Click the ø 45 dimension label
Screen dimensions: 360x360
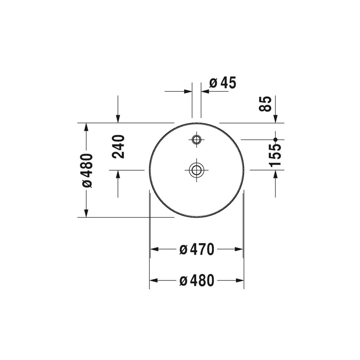click(223, 83)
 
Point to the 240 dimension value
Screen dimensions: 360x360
click(118, 146)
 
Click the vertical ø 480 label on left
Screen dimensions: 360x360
click(87, 170)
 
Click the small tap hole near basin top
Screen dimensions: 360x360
click(197, 140)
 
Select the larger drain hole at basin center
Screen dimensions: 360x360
click(197, 170)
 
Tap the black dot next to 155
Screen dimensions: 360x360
click(275, 140)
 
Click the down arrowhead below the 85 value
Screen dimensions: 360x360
click(275, 119)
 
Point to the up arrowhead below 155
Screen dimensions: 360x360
click(275, 175)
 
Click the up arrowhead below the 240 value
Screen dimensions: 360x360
click(118, 175)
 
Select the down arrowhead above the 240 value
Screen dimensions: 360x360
click(118, 119)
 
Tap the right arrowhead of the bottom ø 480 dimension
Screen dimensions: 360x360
click(240, 281)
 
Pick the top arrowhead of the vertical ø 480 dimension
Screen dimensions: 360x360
click(86, 127)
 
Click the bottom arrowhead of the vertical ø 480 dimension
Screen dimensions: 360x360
click(86, 213)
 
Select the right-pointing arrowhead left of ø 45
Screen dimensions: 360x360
click(188, 91)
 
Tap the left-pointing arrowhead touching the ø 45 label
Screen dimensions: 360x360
click(205, 91)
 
